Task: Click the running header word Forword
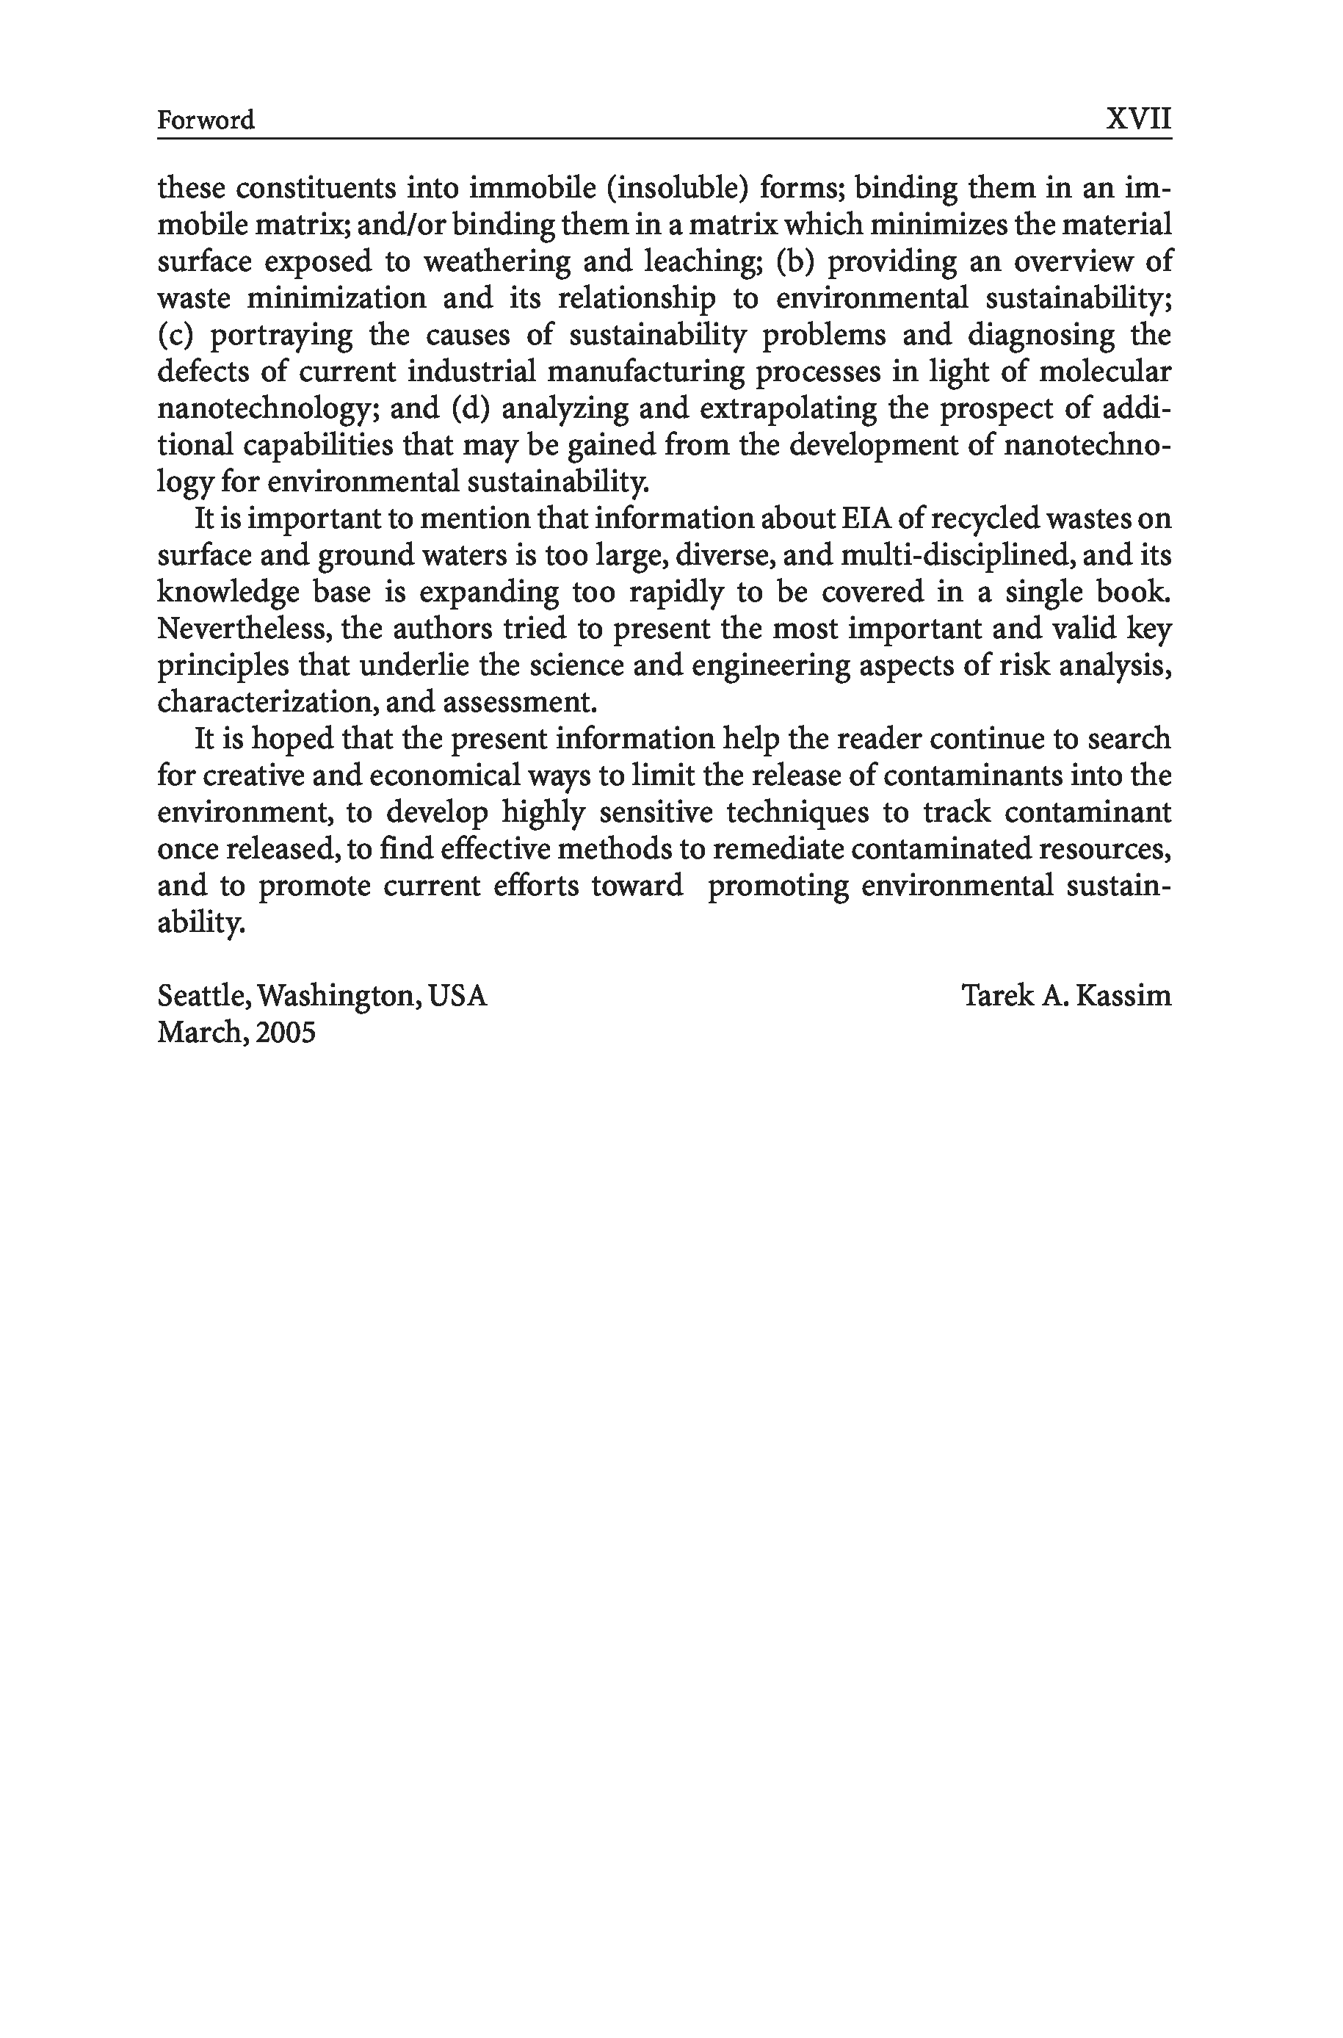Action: [206, 120]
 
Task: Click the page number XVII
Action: [1137, 118]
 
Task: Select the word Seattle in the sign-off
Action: [204, 995]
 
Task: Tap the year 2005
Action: [285, 1033]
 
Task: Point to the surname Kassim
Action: [1123, 995]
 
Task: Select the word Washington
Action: [339, 995]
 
